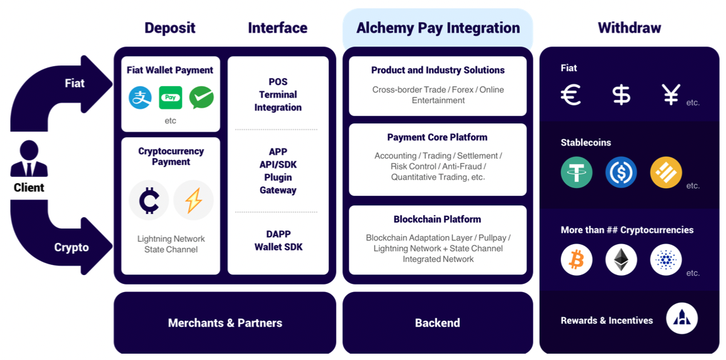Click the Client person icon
[x=29, y=159]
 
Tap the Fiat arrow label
[x=74, y=83]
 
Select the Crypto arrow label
[x=71, y=247]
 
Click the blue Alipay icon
[x=140, y=98]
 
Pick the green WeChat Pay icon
[x=201, y=98]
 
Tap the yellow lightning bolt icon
[x=193, y=200]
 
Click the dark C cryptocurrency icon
[x=149, y=200]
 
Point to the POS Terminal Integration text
[x=278, y=94]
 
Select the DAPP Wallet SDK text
[x=278, y=240]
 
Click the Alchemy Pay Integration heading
[x=438, y=28]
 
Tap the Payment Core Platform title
[x=437, y=137]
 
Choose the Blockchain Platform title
[x=437, y=219]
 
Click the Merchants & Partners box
[x=225, y=323]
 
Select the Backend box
[x=437, y=323]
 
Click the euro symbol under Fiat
[x=570, y=95]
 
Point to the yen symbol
[x=671, y=95]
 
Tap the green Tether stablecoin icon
[x=576, y=172]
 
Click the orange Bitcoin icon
[x=576, y=259]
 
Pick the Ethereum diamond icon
[x=621, y=259]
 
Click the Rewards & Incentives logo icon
[x=681, y=318]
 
